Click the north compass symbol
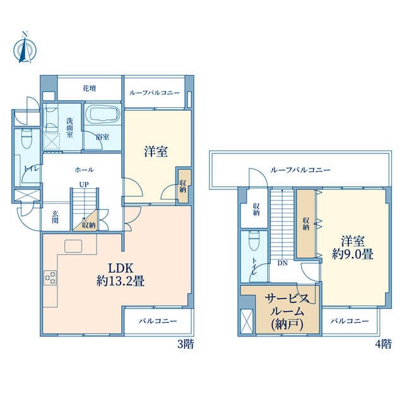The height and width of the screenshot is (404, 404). [25, 48]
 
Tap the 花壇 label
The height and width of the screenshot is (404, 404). [90, 88]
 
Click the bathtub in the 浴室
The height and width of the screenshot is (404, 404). [102, 115]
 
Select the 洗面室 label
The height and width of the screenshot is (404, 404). [69, 128]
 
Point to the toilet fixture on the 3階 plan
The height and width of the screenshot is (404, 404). [26, 138]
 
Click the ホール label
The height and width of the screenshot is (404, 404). [84, 170]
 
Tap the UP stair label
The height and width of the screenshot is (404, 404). [84, 184]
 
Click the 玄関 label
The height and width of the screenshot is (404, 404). [55, 217]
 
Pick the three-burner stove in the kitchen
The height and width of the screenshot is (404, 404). [50, 278]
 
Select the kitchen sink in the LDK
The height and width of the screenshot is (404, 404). [73, 246]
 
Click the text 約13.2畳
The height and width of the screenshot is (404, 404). [121, 281]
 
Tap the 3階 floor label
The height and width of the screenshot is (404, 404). [185, 344]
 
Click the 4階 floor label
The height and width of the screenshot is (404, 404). [383, 344]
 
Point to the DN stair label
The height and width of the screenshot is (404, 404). [282, 263]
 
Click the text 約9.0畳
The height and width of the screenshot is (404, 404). [352, 254]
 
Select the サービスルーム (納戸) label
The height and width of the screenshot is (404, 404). [287, 312]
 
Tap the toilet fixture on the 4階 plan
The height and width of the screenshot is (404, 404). [254, 241]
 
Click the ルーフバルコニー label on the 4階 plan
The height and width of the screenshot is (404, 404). [300, 170]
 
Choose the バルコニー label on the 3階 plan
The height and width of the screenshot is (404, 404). [158, 321]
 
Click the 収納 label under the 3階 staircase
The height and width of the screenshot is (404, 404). [89, 225]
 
